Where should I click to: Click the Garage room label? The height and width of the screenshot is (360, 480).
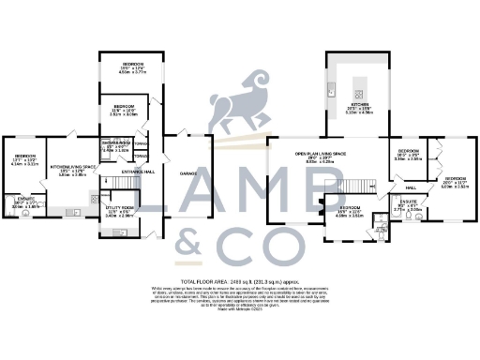187,172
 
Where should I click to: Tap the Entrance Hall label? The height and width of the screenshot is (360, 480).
136,172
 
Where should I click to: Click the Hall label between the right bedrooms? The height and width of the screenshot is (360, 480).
410,186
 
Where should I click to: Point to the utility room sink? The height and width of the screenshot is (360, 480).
95,199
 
